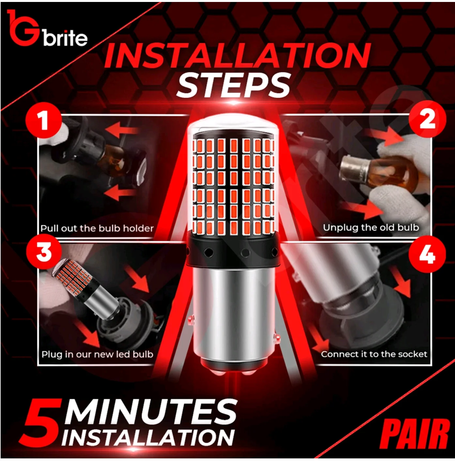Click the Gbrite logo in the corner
coord(47,29)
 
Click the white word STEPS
coord(234,85)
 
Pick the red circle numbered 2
coord(428,119)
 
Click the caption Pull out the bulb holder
coord(97,228)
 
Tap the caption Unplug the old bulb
coord(371,228)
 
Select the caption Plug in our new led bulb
coord(97,354)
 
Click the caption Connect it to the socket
coord(374,354)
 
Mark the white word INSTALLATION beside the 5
coord(148,439)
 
